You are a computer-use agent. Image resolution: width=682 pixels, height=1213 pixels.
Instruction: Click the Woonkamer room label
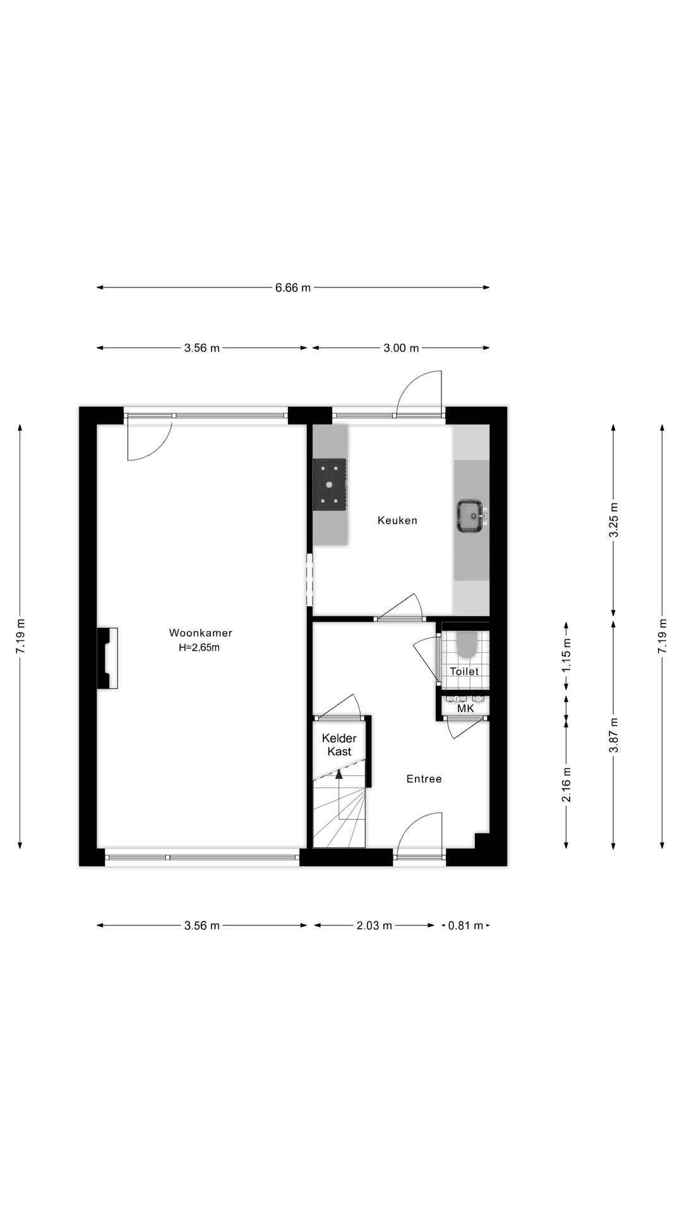pyautogui.click(x=200, y=632)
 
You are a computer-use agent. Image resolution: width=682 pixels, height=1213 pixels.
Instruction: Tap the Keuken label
pyautogui.click(x=397, y=521)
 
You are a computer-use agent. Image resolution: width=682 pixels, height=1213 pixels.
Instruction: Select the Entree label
pyautogui.click(x=424, y=779)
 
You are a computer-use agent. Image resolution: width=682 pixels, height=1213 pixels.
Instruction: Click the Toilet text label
pyautogui.click(x=464, y=672)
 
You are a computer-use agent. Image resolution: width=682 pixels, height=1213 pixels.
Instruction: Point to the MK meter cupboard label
pyautogui.click(x=465, y=709)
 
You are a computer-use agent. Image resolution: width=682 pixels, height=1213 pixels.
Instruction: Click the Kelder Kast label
pyautogui.click(x=339, y=745)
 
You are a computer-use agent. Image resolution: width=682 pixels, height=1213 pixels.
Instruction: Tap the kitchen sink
pyautogui.click(x=470, y=516)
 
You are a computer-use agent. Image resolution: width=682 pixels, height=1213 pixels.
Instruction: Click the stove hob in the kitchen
pyautogui.click(x=330, y=485)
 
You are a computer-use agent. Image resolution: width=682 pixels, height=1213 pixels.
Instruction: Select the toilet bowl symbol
pyautogui.click(x=467, y=644)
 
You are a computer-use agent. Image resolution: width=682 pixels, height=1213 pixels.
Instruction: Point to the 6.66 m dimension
pyautogui.click(x=293, y=288)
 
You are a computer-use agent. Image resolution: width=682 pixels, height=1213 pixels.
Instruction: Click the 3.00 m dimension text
pyautogui.click(x=401, y=348)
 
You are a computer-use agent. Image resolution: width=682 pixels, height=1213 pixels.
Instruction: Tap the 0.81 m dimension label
pyautogui.click(x=465, y=926)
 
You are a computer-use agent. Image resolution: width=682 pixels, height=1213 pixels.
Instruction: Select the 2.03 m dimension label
pyautogui.click(x=374, y=926)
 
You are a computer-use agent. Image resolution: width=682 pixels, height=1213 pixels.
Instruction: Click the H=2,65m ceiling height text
pyautogui.click(x=200, y=647)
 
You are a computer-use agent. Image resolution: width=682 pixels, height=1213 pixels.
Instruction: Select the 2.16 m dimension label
pyautogui.click(x=566, y=785)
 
